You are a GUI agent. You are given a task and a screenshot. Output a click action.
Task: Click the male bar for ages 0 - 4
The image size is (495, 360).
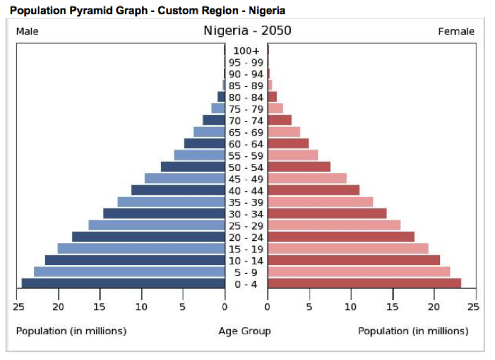point(123,283)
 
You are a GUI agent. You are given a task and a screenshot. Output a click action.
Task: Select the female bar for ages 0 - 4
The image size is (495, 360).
point(364,283)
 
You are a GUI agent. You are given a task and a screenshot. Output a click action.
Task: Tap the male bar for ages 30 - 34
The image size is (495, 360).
point(164,213)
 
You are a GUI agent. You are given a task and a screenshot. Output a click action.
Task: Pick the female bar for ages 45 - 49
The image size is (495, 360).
point(307,178)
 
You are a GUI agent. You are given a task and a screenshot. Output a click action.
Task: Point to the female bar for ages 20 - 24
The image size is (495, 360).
point(341,236)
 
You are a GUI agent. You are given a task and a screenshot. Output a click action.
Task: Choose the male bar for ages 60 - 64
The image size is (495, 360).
point(204,143)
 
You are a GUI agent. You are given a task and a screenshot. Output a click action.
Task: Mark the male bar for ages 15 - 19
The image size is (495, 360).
point(141,248)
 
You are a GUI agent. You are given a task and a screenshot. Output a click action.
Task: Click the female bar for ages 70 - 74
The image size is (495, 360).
point(279,120)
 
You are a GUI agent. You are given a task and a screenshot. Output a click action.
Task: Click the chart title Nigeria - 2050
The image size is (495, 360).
point(248,31)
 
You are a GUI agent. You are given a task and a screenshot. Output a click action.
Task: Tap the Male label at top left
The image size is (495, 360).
point(27,32)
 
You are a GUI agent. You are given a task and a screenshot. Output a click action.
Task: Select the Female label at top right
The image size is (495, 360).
point(456,32)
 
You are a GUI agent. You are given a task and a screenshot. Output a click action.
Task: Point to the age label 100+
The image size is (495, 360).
point(246,51)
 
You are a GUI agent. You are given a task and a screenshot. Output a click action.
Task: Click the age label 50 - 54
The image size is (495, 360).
point(246,168)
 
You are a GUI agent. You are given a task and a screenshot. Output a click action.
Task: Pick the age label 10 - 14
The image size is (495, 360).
point(246,261)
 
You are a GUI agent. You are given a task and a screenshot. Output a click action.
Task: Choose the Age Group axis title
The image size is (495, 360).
point(244,331)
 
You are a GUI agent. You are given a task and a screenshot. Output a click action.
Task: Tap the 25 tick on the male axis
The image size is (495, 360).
point(18,307)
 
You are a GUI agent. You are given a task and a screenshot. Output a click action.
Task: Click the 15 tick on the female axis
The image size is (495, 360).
point(393,307)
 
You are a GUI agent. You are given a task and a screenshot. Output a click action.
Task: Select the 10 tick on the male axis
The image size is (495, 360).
point(142,307)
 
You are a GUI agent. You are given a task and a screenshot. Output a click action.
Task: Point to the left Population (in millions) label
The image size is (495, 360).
point(71,331)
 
